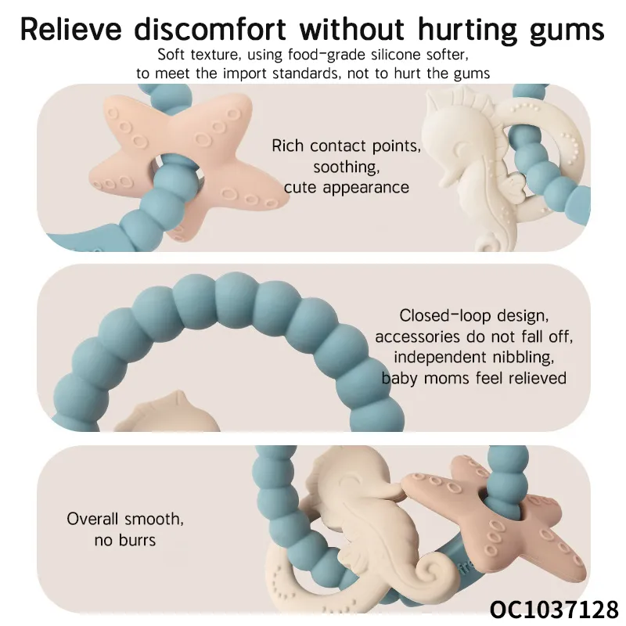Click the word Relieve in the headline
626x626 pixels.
pos(70,29)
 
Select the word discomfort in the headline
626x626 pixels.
pos(210,29)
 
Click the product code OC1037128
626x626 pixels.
pos(554,610)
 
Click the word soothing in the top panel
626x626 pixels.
pos(346,167)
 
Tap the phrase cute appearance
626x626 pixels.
pos(346,188)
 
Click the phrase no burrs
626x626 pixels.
pos(125,540)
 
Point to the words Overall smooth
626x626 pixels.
pos(125,519)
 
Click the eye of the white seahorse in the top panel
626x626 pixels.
pos(460,149)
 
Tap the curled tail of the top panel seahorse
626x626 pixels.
pos(487,243)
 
